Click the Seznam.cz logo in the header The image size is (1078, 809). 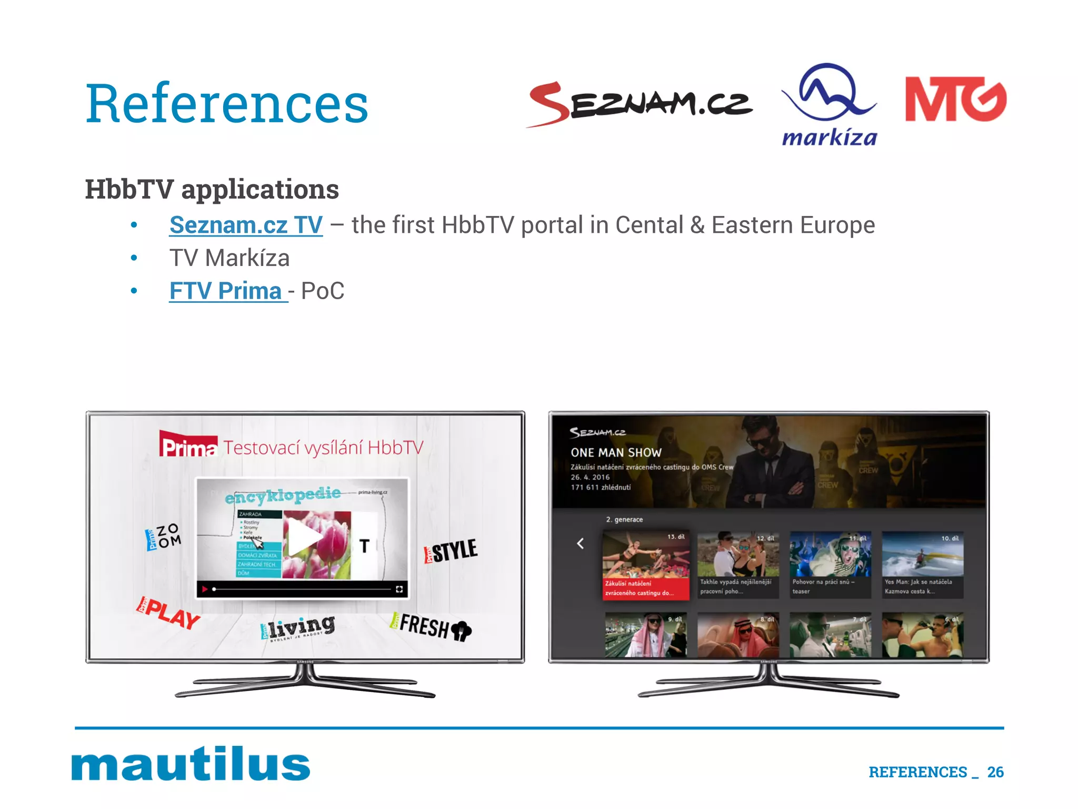coord(640,104)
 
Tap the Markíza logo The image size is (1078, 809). coord(829,105)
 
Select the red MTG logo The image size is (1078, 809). coord(955,99)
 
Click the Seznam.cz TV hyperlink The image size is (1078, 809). coord(246,225)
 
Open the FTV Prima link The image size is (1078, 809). coord(226,291)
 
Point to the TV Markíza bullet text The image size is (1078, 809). coord(229,259)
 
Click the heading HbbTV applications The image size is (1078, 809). coord(212,190)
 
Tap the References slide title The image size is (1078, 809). coord(227,104)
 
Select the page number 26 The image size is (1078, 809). coord(995,772)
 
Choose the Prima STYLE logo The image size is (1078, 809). coord(451,551)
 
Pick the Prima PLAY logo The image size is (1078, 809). coord(168,613)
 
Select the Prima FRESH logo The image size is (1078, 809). coord(430,627)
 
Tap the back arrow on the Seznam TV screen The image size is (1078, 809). coord(581,544)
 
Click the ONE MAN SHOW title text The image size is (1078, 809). coord(616,453)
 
